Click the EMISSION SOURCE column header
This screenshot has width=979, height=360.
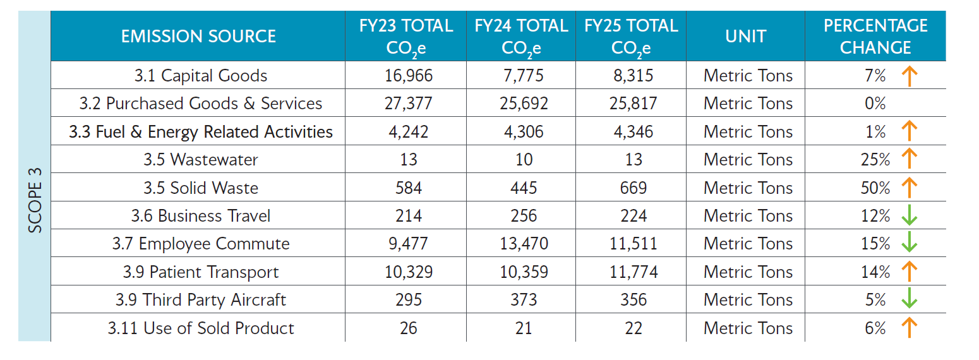(x=198, y=36)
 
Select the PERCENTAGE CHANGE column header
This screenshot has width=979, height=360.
(x=875, y=36)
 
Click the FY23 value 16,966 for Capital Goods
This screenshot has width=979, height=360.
(x=409, y=76)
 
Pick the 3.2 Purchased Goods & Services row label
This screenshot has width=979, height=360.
(x=201, y=104)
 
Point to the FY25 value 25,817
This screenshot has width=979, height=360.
(x=632, y=104)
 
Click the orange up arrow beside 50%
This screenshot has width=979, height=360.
(x=908, y=188)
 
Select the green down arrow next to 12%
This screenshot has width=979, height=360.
(x=908, y=216)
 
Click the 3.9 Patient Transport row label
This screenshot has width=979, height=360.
(x=201, y=272)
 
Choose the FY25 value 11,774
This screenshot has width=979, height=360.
(x=632, y=272)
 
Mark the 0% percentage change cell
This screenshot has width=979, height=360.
(x=875, y=104)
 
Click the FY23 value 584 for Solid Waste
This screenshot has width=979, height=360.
(x=409, y=188)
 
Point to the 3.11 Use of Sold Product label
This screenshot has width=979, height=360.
(x=201, y=328)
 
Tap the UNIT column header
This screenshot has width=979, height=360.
(x=746, y=36)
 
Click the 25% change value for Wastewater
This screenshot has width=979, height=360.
(x=875, y=160)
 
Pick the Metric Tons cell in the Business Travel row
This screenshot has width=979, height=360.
(x=748, y=216)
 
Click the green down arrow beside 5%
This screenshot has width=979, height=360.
(x=908, y=300)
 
